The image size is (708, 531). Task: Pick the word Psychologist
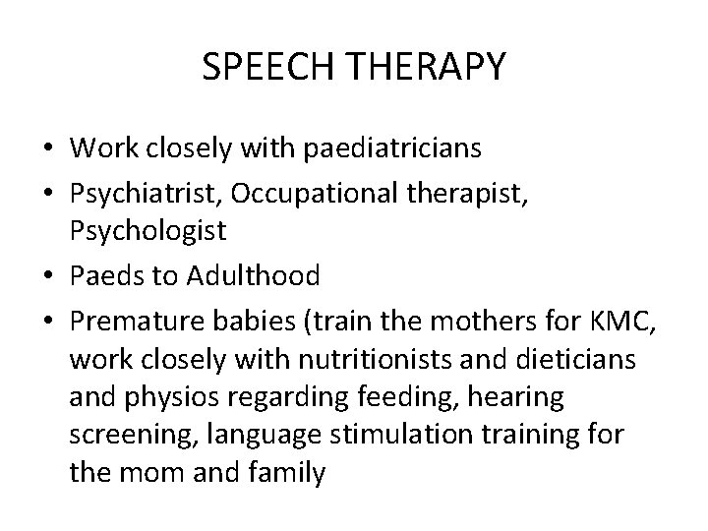tap(148, 231)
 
